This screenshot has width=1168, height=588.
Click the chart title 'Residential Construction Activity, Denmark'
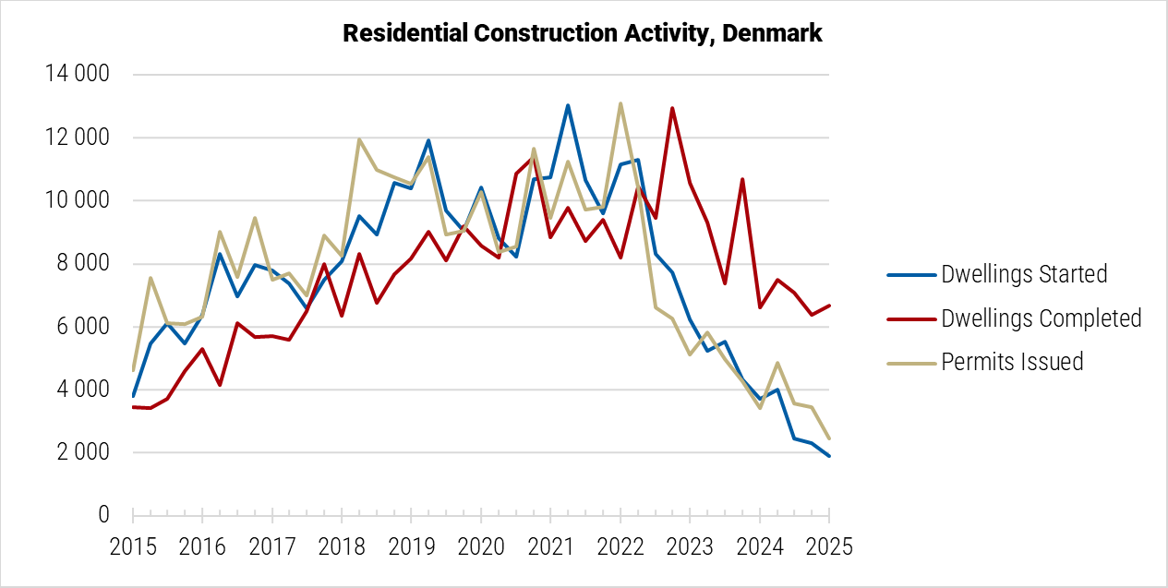583,34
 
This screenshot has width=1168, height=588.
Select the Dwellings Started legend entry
1023,274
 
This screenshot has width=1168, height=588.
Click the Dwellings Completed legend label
1041,318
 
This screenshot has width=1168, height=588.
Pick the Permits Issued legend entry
1012,362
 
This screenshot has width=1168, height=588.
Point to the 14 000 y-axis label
78,75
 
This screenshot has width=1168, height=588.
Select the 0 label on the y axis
103,515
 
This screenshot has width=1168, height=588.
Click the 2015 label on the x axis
133,546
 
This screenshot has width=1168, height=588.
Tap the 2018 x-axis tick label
342,546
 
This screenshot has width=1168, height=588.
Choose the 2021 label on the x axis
550,546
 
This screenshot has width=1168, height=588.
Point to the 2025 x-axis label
829,546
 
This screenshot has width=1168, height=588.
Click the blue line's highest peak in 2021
568,105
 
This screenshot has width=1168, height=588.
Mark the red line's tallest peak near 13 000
672,108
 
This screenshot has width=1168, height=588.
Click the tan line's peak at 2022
620,103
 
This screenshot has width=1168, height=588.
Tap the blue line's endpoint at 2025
829,456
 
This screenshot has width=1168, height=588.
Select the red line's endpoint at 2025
829,306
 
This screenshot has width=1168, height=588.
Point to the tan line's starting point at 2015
133,370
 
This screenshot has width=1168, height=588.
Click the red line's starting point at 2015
133,407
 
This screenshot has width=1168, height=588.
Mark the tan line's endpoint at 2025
829,438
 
